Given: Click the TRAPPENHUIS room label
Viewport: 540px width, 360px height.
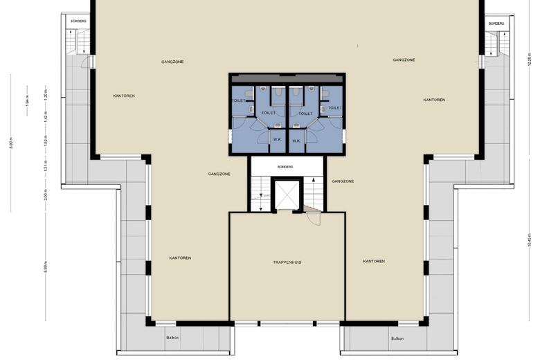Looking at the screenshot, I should coord(287,262).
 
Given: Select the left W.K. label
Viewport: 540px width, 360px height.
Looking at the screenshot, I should coord(277,141).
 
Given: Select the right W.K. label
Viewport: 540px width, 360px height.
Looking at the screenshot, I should coord(296,141).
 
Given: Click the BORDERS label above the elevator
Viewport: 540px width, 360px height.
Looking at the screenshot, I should coord(285,167).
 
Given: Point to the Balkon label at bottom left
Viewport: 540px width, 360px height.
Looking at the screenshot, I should coord(172,339).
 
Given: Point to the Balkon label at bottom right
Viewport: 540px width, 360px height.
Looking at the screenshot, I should coord(397,339).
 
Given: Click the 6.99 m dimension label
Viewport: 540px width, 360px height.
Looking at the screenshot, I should coord(46,267).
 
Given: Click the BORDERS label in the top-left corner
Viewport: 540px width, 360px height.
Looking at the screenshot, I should coord(78,21).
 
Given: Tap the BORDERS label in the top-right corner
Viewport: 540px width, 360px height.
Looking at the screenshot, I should coord(496,24).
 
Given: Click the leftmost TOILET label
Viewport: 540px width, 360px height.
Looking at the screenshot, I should coord(238,100).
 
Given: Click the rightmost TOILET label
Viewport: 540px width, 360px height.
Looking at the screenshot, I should coord(335,108).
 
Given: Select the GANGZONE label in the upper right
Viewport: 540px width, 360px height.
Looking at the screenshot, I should coord(404,60).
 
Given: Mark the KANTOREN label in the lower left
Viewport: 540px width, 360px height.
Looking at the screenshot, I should coord(180,258).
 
